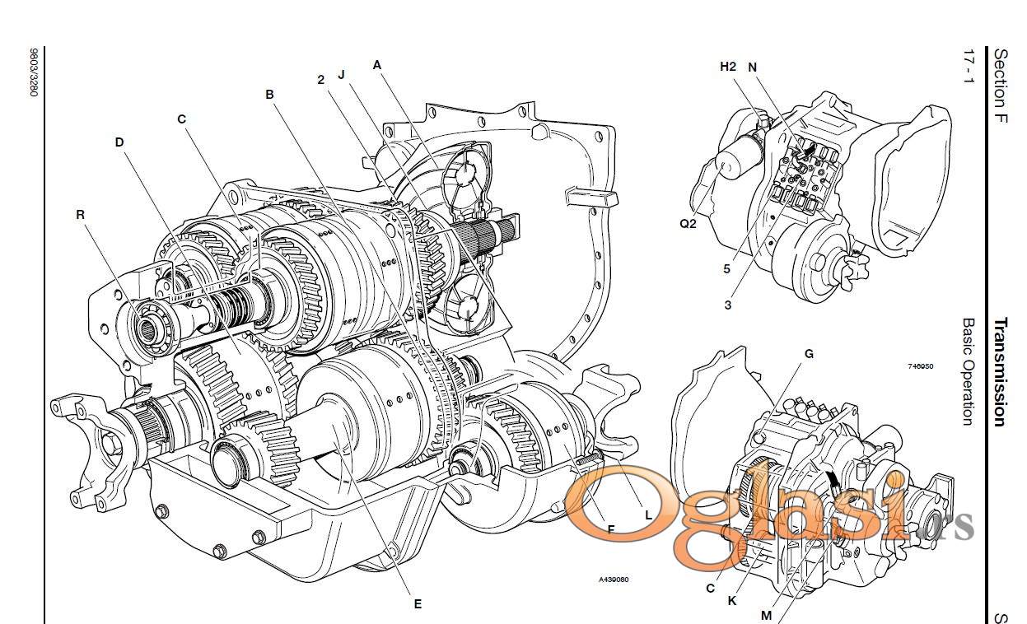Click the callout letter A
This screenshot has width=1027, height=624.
[377, 64]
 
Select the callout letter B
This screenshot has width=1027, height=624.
[269, 95]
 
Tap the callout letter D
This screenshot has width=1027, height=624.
[119, 142]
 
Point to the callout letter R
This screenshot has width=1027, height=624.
[80, 214]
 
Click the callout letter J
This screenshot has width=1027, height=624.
[341, 74]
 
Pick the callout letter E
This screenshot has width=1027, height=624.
[418, 604]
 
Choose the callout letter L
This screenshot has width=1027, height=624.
[649, 515]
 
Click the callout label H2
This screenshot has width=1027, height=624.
[727, 67]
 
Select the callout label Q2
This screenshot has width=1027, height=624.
[688, 222]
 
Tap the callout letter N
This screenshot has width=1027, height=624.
[752, 67]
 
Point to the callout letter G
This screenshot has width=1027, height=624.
[809, 354]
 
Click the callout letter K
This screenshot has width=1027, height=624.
[732, 600]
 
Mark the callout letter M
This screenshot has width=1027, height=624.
[767, 615]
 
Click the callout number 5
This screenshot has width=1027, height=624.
[727, 268]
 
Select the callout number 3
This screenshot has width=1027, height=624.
[728, 305]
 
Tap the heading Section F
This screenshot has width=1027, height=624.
[1001, 86]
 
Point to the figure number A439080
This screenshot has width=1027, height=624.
[614, 580]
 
